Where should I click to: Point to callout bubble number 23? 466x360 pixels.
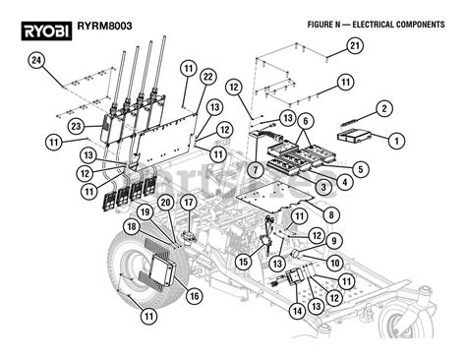[x=75, y=126]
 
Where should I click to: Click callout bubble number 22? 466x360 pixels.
[x=207, y=77]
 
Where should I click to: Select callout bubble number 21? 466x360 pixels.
[x=355, y=45]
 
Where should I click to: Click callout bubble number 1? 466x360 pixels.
[x=396, y=141]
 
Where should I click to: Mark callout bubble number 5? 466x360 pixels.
[x=363, y=169]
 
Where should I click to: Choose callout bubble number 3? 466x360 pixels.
[x=322, y=186]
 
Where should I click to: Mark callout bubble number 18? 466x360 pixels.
[x=131, y=227]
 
